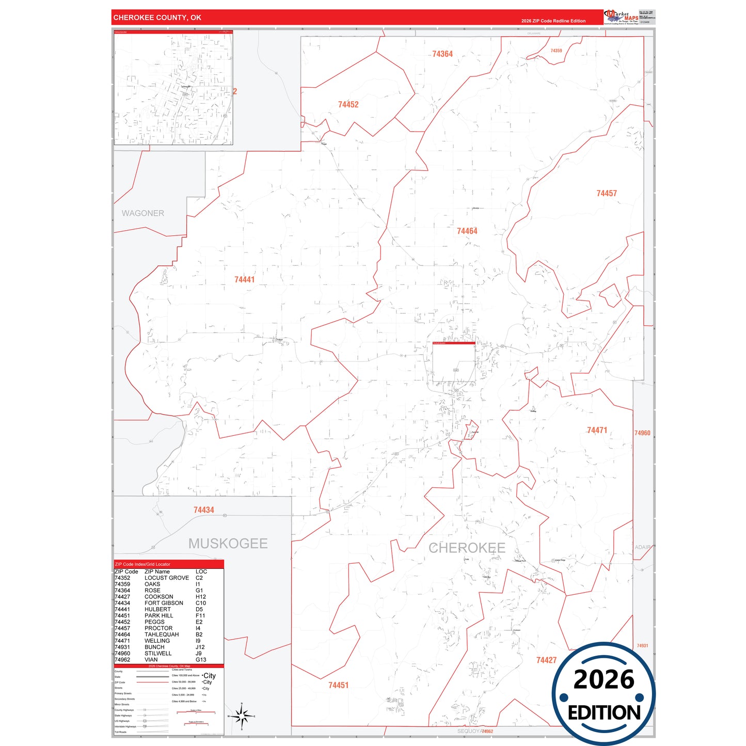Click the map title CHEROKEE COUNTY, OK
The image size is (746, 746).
(157, 18)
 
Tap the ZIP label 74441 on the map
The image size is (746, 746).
(244, 280)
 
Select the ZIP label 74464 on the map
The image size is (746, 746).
(467, 231)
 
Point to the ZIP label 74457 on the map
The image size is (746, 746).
(607, 194)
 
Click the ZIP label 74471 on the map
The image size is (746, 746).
(597, 431)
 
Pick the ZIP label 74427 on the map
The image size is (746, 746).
(546, 660)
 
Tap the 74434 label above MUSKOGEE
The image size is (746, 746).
(203, 510)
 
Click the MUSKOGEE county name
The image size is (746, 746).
(228, 544)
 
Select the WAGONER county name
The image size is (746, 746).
(143, 213)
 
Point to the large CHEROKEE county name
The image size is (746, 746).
(467, 548)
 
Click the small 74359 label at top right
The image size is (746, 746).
(556, 51)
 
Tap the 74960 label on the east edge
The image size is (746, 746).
(642, 433)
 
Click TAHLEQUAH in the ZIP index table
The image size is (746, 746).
(162, 634)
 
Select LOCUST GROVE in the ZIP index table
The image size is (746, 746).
(166, 578)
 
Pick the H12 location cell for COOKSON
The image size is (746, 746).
(201, 597)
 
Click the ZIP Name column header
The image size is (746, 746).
(157, 572)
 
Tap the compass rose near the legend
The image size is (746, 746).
(241, 716)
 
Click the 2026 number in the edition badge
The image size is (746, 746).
(604, 679)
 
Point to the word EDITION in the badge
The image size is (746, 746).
(604, 712)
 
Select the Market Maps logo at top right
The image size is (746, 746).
(621, 17)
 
